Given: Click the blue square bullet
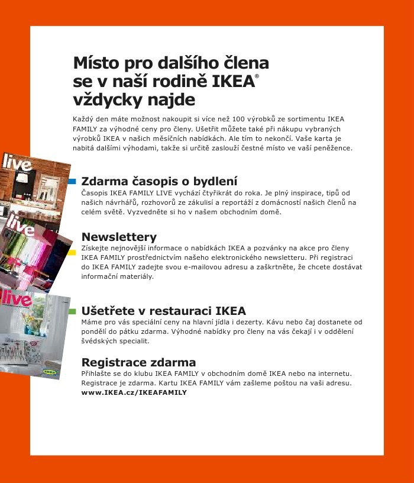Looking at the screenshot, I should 72,181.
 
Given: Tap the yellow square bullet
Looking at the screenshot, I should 72,253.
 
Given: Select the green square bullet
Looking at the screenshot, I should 72,311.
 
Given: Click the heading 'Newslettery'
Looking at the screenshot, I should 119,237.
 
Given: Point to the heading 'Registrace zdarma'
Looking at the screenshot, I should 138,362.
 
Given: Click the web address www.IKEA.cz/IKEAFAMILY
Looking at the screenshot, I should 134,392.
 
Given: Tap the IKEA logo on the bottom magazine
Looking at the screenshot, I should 50,372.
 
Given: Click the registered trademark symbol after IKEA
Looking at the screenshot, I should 257,77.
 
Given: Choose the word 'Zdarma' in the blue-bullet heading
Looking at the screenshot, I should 103,181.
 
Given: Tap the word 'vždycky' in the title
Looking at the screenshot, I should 105,99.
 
